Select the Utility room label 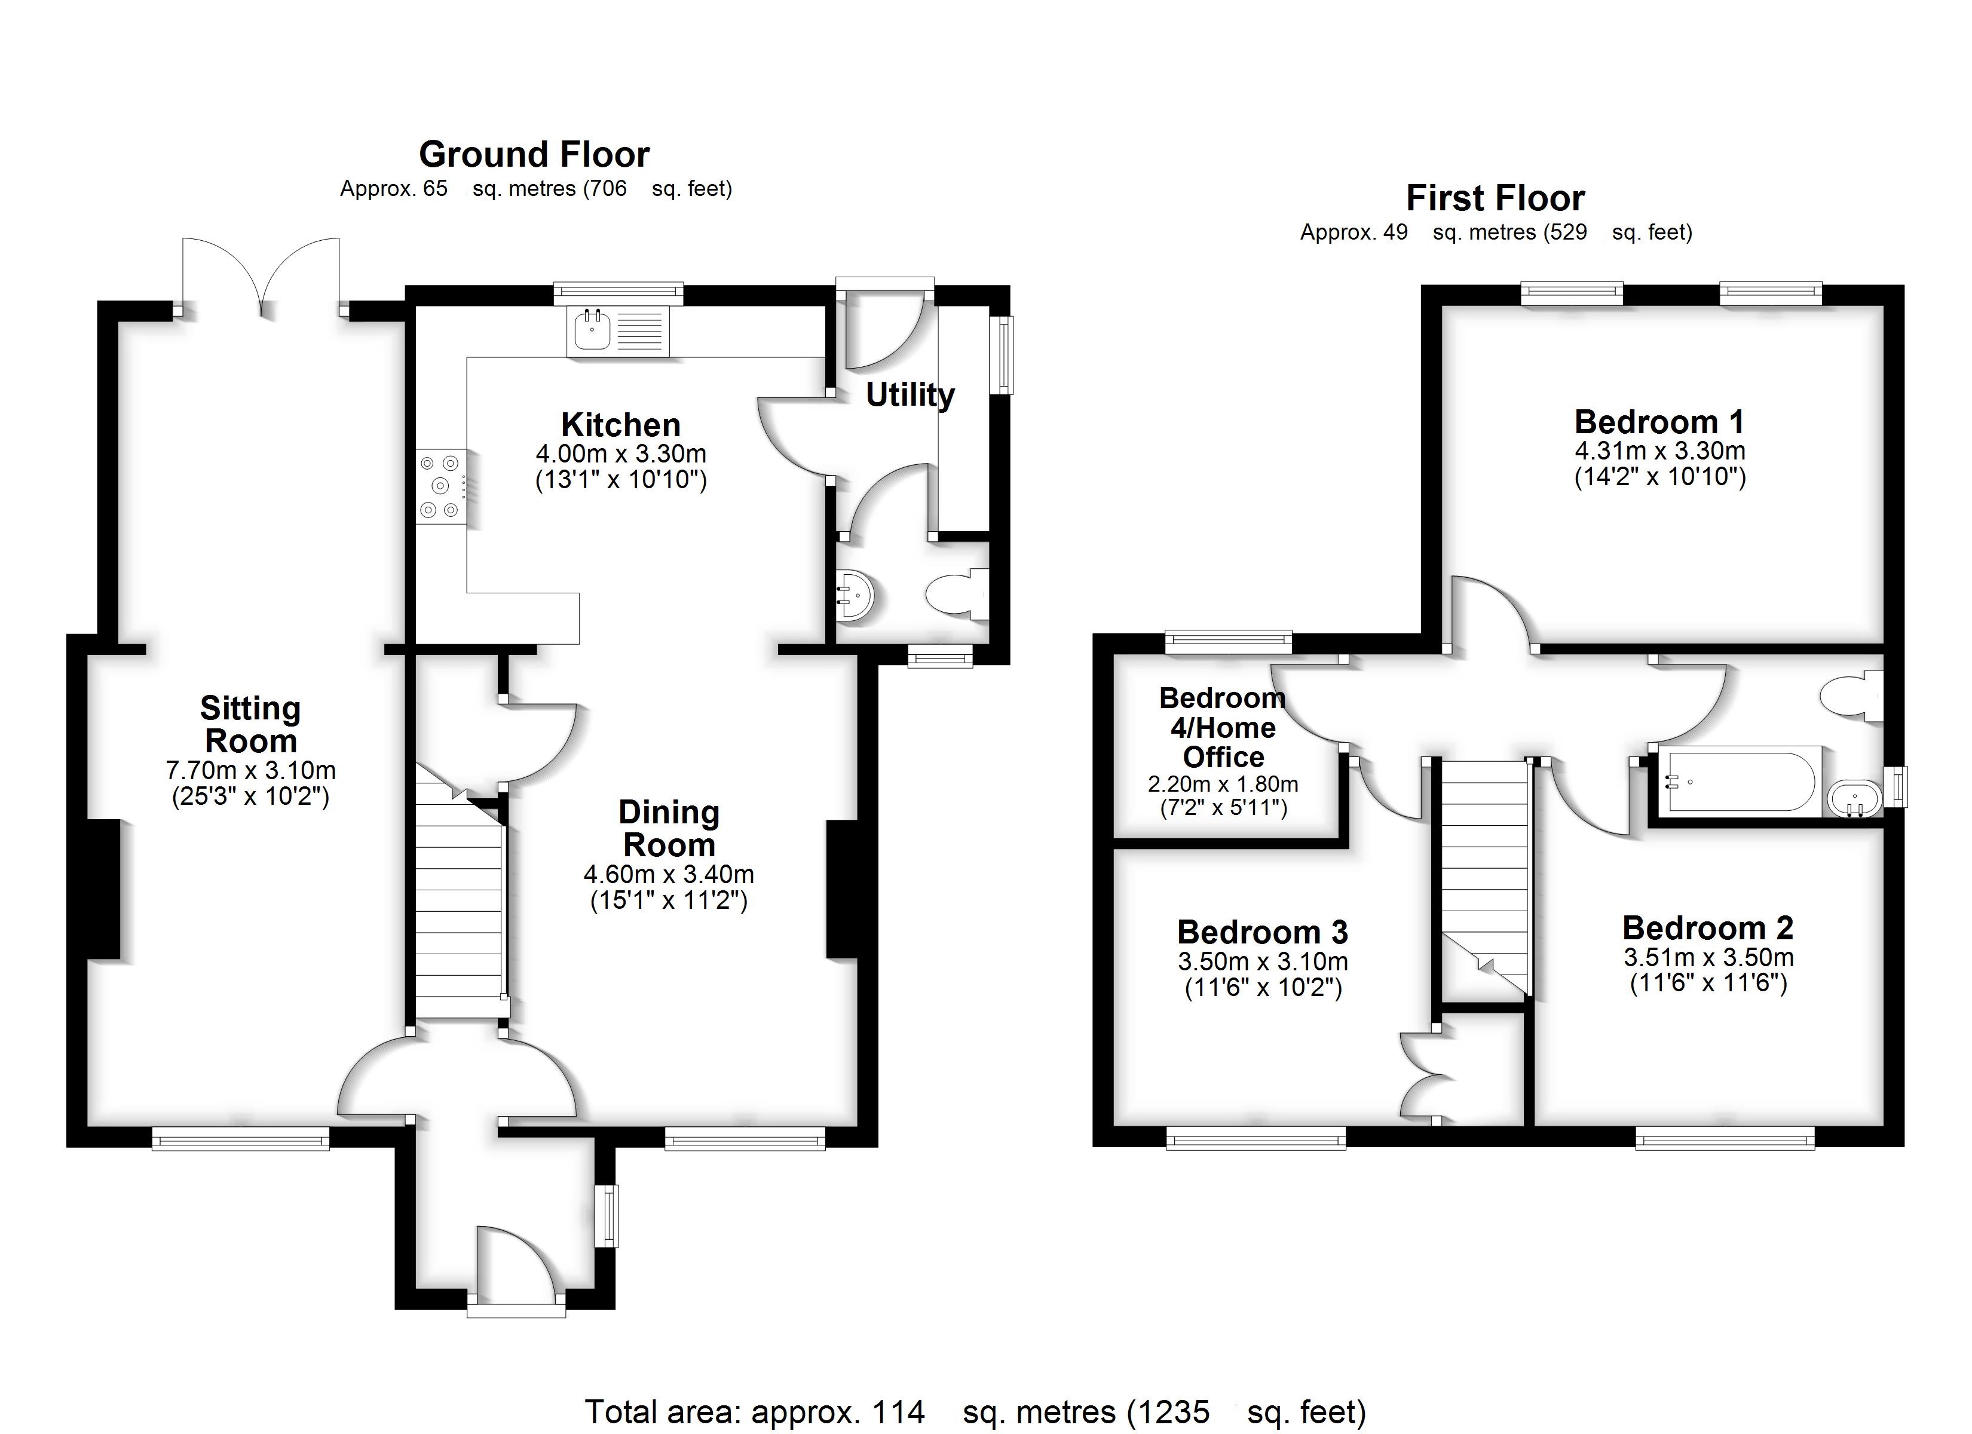(910, 395)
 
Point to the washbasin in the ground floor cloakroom (856, 596)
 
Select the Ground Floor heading (534, 155)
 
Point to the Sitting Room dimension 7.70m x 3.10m (250, 771)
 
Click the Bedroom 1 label (1659, 422)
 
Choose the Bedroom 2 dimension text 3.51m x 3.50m (1708, 957)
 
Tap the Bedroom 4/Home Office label (1223, 727)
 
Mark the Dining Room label (669, 828)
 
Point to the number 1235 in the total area (1170, 1411)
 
